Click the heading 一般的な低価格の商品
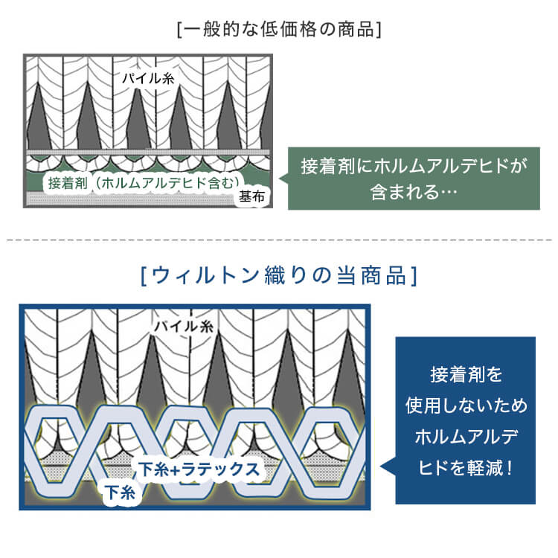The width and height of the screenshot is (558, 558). (x=279, y=31)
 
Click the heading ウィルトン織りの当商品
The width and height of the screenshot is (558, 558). (x=278, y=277)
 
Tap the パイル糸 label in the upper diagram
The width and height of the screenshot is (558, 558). (x=149, y=77)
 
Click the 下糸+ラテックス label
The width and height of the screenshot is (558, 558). (x=199, y=469)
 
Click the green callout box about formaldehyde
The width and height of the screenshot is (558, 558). (x=414, y=178)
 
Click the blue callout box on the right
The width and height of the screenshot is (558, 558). (x=465, y=420)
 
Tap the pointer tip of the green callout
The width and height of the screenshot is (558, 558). (x=280, y=179)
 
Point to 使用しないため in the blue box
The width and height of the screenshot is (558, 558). (x=466, y=405)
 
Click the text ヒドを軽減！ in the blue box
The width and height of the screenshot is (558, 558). (x=466, y=469)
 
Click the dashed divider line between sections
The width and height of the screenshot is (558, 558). (x=279, y=240)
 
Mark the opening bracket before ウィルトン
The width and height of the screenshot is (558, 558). (x=144, y=277)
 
